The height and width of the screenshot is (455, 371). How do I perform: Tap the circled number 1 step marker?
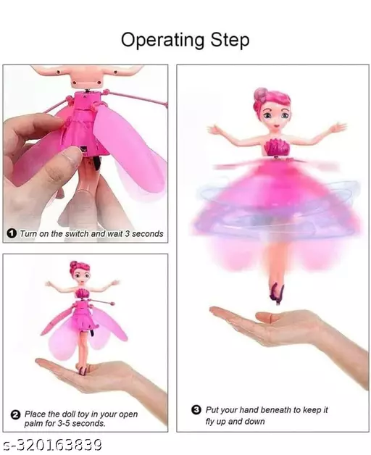[12, 234]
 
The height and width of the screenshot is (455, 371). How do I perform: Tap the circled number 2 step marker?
[14, 414]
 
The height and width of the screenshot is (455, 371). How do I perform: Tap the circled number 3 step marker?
[196, 410]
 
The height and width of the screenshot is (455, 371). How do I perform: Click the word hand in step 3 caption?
[237, 410]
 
